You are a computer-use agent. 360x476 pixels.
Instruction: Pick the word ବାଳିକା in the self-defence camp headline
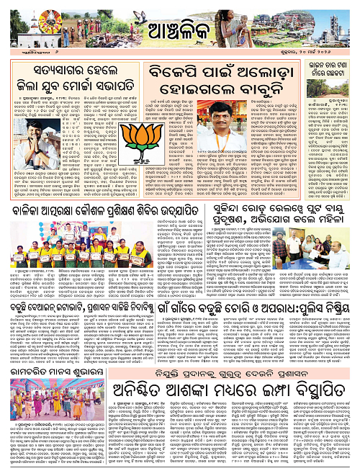pyautogui.click(x=30, y=210)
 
